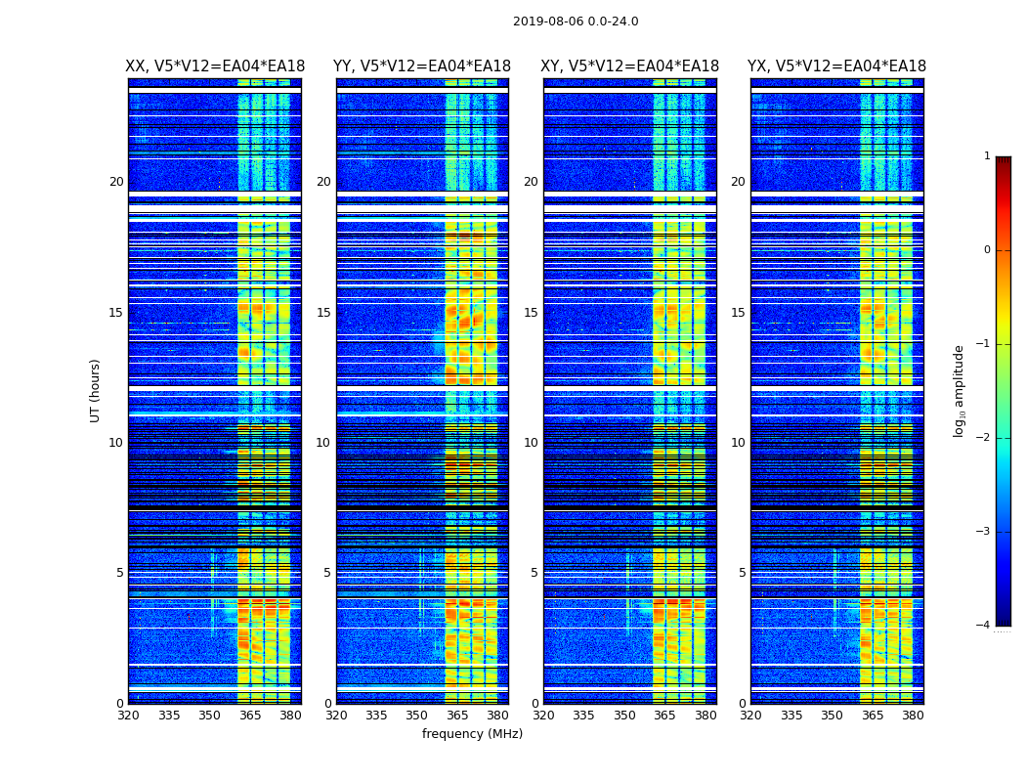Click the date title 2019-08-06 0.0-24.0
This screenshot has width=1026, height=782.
pyautogui.click(x=576, y=22)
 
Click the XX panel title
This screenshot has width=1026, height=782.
pyautogui.click(x=215, y=66)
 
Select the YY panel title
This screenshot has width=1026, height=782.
pyautogui.click(x=422, y=66)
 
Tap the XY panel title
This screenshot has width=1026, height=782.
pyautogui.click(x=630, y=66)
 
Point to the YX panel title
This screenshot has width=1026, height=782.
pyautogui.click(x=836, y=66)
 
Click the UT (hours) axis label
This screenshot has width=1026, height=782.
pyautogui.click(x=96, y=390)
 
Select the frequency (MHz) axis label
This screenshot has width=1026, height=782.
pyautogui.click(x=472, y=734)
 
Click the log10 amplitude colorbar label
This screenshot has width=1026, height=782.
pyautogui.click(x=960, y=390)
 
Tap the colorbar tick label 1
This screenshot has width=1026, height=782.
pyautogui.click(x=987, y=156)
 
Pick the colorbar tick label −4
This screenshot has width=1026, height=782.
pyautogui.click(x=984, y=626)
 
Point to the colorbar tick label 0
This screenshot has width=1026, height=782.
pyautogui.click(x=987, y=250)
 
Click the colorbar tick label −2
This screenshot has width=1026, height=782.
pyautogui.click(x=984, y=438)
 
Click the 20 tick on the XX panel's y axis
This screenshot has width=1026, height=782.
pyautogui.click(x=116, y=182)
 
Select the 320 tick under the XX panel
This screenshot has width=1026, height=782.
pyautogui.click(x=128, y=716)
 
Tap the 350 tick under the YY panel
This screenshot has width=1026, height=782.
pyautogui.click(x=417, y=716)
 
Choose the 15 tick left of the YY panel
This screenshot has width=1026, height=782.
pyautogui.click(x=323, y=313)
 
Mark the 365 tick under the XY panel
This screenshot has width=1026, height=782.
pyautogui.click(x=664, y=716)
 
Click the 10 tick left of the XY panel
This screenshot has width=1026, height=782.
pyautogui.click(x=531, y=443)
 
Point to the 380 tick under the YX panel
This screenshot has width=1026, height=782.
pyautogui.click(x=913, y=716)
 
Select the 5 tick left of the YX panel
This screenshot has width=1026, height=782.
pyautogui.click(x=742, y=573)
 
